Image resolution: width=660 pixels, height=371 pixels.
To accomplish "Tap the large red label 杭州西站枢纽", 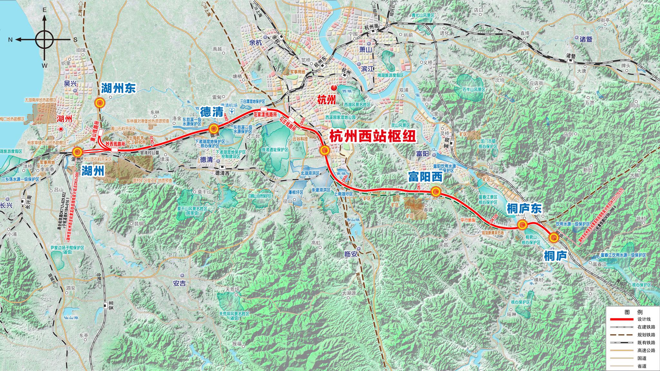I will (373, 137).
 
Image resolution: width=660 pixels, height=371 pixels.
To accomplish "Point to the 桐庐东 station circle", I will (522, 225).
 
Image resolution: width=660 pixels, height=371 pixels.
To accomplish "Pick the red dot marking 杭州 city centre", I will (334, 87).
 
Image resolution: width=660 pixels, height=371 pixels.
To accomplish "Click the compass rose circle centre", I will (44, 40).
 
